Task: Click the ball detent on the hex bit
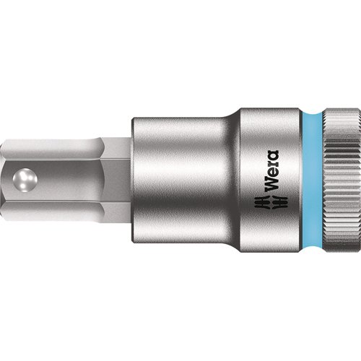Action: click(25, 180)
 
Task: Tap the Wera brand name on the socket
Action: click(272, 171)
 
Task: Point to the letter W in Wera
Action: click(272, 185)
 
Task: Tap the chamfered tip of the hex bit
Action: click(2, 180)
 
